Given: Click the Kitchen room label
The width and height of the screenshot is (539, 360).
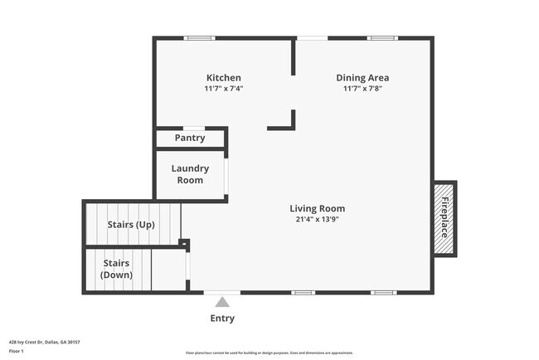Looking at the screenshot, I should pyautogui.click(x=223, y=78).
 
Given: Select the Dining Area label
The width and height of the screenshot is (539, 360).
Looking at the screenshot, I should pyautogui.click(x=362, y=78).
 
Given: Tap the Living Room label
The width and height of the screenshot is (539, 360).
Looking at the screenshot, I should pyautogui.click(x=317, y=208).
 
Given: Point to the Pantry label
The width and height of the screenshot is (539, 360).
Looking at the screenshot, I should pyautogui.click(x=190, y=138).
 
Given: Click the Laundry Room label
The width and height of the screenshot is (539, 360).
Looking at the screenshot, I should pyautogui.click(x=190, y=174).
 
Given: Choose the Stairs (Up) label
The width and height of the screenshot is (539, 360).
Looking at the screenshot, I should pyautogui.click(x=131, y=224).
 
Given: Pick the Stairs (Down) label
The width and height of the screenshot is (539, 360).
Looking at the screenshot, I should pyautogui.click(x=116, y=269).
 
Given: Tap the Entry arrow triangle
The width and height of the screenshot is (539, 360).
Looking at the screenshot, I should pyautogui.click(x=222, y=304).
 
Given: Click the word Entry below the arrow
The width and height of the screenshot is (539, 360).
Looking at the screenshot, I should pyautogui.click(x=222, y=319).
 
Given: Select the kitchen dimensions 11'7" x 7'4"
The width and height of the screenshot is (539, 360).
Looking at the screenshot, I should pyautogui.click(x=223, y=88).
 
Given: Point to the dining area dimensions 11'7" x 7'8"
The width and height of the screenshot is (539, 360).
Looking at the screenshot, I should pyautogui.click(x=362, y=88).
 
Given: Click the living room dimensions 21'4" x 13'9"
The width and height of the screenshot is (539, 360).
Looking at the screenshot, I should pyautogui.click(x=317, y=219).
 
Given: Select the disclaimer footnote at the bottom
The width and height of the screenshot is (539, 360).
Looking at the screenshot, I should pyautogui.click(x=269, y=353).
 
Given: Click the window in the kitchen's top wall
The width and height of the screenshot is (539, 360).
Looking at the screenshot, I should pyautogui.click(x=199, y=38).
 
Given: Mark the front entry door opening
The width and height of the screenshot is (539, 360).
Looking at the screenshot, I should pyautogui.click(x=222, y=292).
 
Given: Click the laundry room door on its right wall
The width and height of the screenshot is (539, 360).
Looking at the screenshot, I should pyautogui.click(x=226, y=175).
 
